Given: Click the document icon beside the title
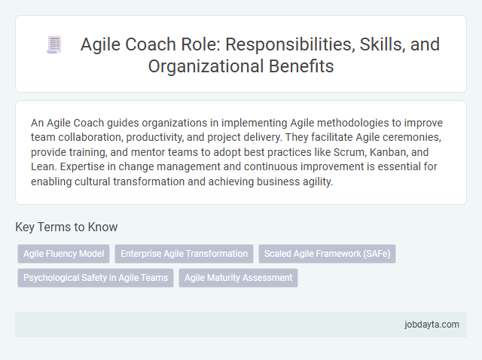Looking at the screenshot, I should pos(53,44).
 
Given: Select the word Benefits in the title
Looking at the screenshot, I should pos(300,66).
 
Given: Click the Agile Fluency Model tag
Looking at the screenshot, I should pos(64,254).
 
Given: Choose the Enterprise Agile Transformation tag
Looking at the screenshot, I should pos(184,254).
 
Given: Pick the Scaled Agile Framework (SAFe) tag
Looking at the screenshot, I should pos(326,254).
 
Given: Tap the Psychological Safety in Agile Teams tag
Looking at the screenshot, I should pos(96,278).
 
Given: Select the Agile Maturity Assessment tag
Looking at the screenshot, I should pos(238,278).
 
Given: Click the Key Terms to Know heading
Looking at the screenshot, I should pos(66,227).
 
